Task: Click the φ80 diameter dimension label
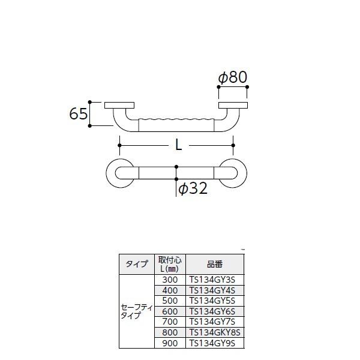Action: click(x=232, y=77)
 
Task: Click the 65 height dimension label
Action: click(x=79, y=113)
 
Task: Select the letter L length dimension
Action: click(x=178, y=145)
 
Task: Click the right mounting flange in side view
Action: click(x=233, y=106)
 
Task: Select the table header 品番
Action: click(x=215, y=264)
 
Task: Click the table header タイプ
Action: click(x=137, y=264)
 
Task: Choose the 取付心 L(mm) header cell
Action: click(x=170, y=264)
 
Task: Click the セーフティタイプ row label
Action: click(x=137, y=311)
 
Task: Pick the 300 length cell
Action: click(x=170, y=279)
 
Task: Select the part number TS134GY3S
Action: click(x=212, y=279)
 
